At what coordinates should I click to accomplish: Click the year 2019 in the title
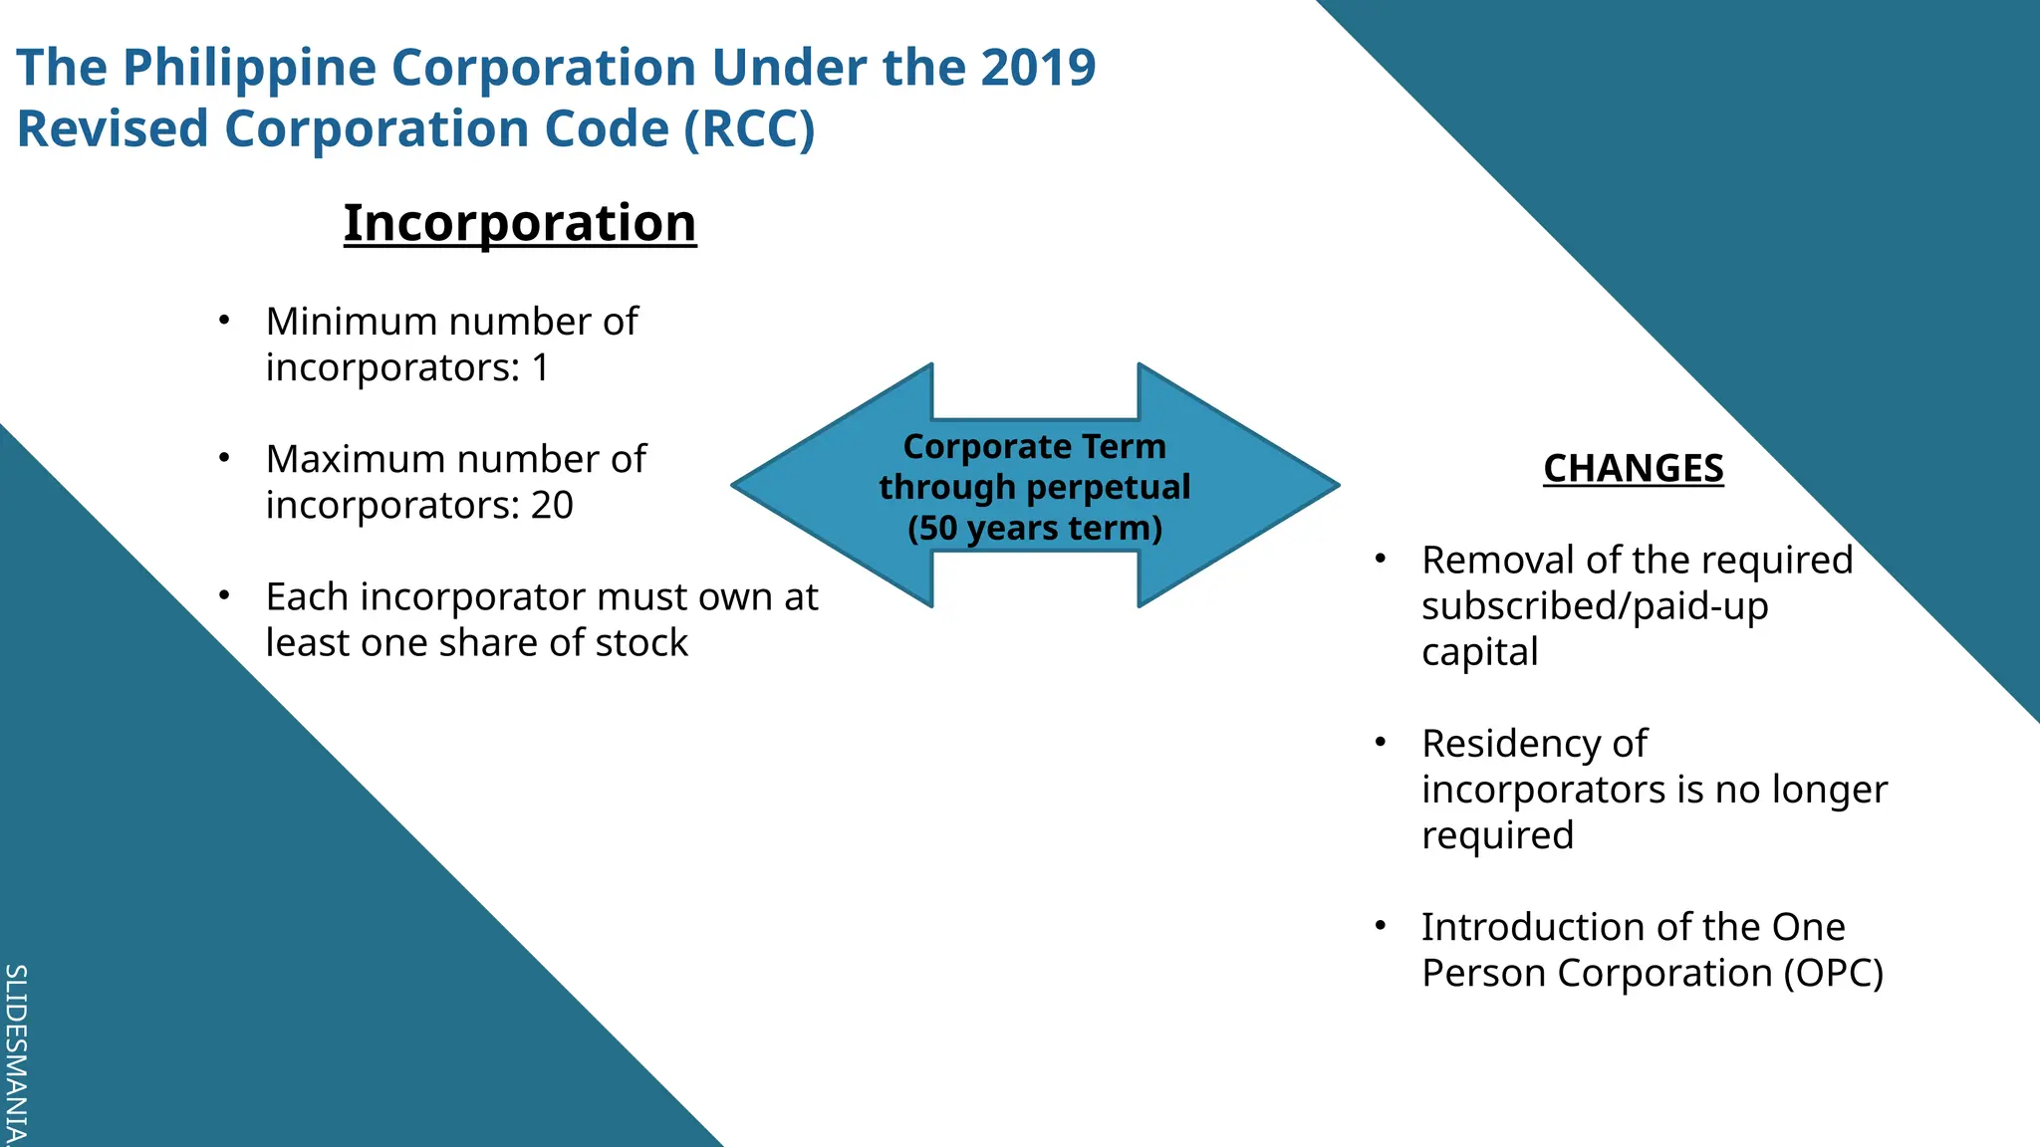[x=1038, y=68]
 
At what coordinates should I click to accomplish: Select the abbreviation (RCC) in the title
[x=749, y=129]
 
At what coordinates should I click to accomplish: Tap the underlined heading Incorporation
[x=520, y=222]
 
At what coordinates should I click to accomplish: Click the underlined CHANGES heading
[x=1633, y=468]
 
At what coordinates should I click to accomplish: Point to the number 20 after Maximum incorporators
[x=552, y=506]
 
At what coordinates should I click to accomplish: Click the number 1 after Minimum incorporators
[x=540, y=368]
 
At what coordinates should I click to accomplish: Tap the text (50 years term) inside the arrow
[x=1035, y=528]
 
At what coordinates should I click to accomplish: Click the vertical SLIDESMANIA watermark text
[x=16, y=1053]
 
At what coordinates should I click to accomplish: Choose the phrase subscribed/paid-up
[x=1594, y=606]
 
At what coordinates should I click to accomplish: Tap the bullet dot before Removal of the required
[x=1381, y=559]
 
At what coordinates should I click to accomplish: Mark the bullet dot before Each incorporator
[x=225, y=595]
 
